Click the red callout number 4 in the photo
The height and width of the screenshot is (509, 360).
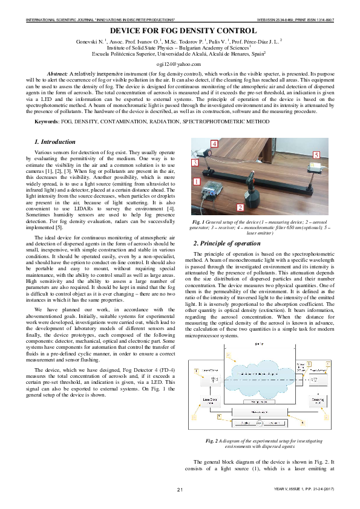[x=215, y=143]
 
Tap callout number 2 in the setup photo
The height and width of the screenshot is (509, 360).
[x=241, y=207]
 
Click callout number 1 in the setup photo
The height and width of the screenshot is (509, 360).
[x=195, y=181]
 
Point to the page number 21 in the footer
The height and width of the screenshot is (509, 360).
[x=180, y=488]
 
